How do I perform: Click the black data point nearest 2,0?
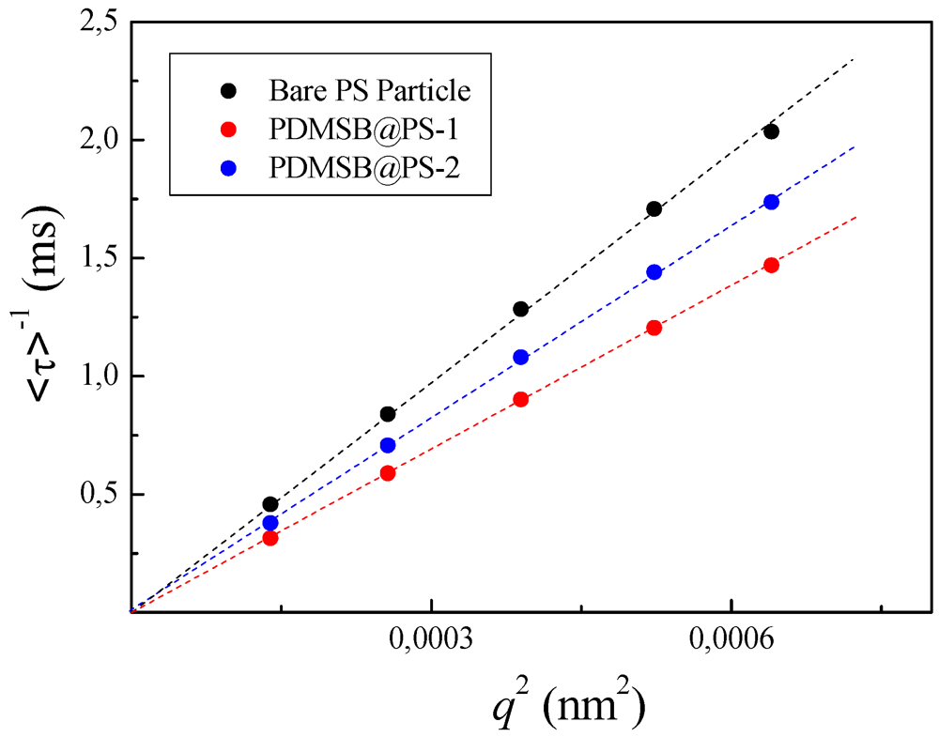click(x=771, y=131)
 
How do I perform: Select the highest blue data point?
click(x=771, y=202)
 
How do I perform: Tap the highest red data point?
click(x=771, y=265)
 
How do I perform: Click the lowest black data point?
click(x=270, y=504)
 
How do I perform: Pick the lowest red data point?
click(x=270, y=538)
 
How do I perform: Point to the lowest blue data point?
click(x=270, y=523)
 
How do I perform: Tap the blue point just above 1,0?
click(x=521, y=357)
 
